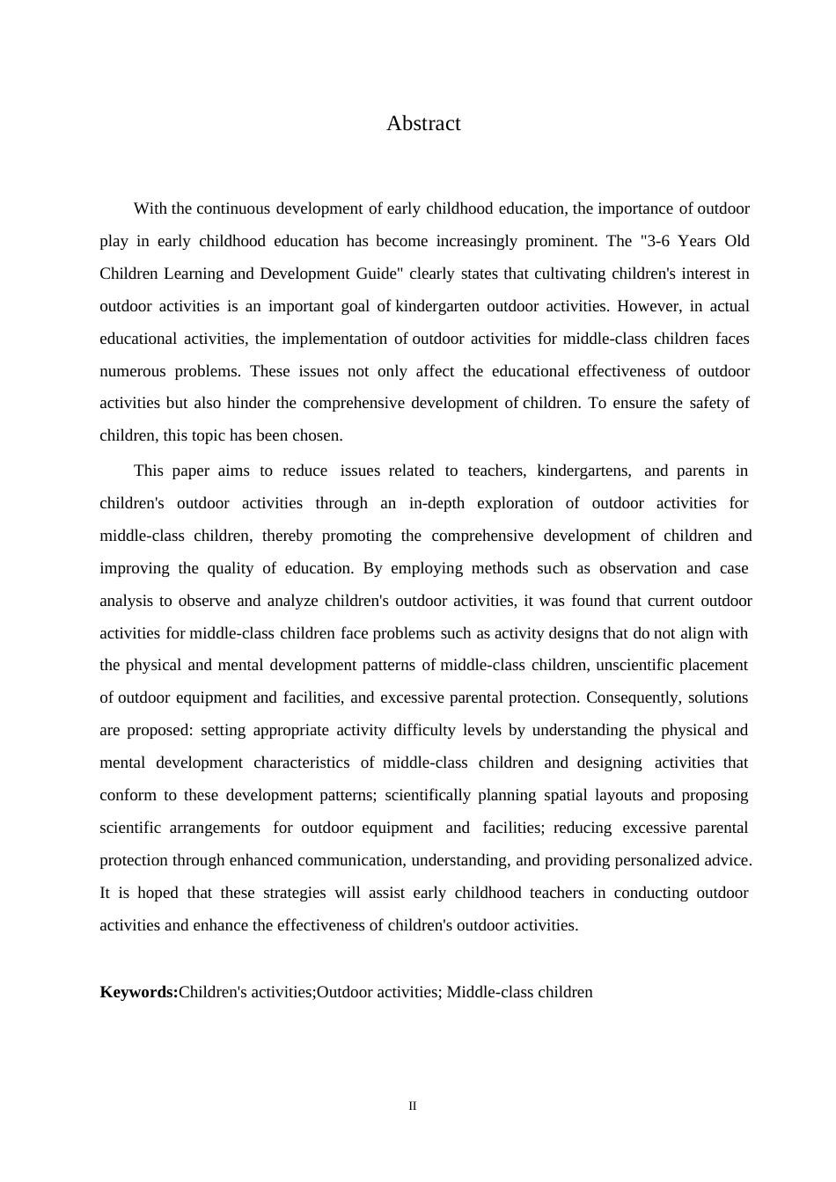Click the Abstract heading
pos(423,124)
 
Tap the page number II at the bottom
pos(412,1106)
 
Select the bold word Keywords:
pos(139,993)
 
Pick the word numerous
pos(132,372)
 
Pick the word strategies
pos(295,894)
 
